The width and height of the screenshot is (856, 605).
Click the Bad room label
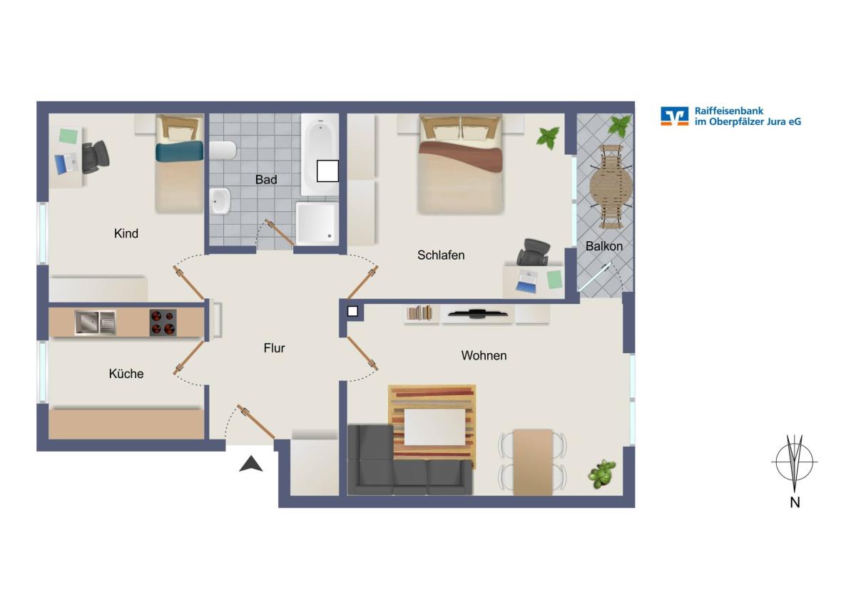(266, 180)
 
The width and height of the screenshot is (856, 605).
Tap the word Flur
(274, 347)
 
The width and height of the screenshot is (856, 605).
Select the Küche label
(126, 373)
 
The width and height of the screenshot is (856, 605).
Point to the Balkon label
(603, 246)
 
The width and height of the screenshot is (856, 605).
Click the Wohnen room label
(484, 355)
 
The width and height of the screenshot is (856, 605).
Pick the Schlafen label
(441, 255)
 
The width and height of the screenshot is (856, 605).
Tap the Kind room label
(126, 233)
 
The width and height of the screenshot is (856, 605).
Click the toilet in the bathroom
(223, 151)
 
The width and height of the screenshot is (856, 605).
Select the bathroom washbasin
(220, 200)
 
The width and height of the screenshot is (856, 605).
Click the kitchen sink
(95, 322)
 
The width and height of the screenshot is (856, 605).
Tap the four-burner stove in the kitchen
(163, 322)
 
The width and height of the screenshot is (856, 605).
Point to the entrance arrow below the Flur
(250, 464)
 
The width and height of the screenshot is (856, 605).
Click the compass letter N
(795, 502)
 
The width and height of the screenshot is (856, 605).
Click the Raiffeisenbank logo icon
(675, 116)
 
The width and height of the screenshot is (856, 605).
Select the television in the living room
(478, 313)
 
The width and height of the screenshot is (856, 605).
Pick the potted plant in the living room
(602, 474)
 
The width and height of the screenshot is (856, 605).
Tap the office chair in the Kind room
(95, 157)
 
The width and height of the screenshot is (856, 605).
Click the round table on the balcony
(611, 186)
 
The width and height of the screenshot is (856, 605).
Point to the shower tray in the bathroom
(317, 224)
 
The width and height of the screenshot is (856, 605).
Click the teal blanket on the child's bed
(179, 151)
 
